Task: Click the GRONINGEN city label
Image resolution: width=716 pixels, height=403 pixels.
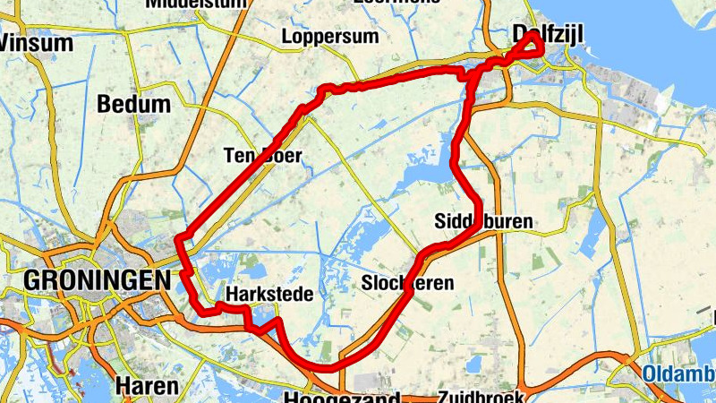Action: [97, 280]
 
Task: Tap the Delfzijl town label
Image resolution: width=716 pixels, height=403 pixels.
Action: [548, 34]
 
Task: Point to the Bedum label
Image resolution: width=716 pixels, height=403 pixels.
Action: [133, 104]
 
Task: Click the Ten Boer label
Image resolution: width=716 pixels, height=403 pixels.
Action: [262, 156]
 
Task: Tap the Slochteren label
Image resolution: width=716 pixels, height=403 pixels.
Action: [407, 283]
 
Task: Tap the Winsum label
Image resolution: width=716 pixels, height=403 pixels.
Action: [35, 42]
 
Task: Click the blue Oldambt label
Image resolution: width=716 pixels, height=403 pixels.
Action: [679, 373]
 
